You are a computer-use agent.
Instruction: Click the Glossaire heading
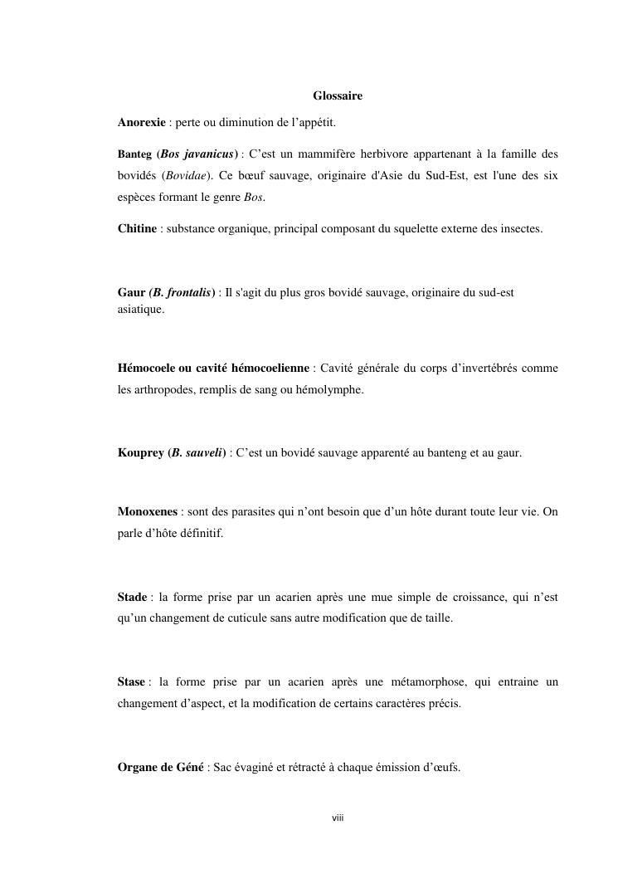[338, 96]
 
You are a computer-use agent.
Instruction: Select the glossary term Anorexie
[142, 123]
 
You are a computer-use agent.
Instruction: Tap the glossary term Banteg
[134, 154]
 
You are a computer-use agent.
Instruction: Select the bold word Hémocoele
[147, 368]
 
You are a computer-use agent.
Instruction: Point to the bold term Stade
[133, 597]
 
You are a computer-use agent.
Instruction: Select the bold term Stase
[131, 682]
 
